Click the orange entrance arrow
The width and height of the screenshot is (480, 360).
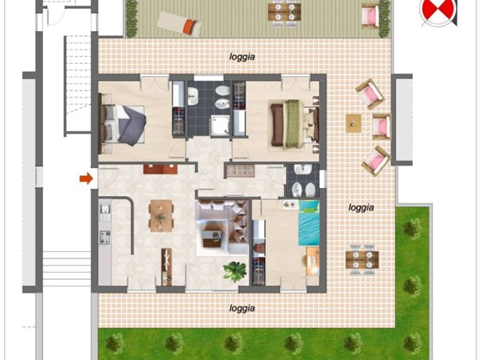[x=86, y=178]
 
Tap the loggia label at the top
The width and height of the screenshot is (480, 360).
[x=242, y=57]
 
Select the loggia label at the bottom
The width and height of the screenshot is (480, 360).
[x=242, y=308]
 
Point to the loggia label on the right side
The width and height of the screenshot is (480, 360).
[x=362, y=208]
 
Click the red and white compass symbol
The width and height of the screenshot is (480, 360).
[x=438, y=12]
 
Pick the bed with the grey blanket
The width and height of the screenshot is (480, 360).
[x=122, y=124]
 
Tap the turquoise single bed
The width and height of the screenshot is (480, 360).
[x=309, y=222]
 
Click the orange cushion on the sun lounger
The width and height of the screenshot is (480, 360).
[x=190, y=26]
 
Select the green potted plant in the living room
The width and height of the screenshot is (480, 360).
[x=234, y=271]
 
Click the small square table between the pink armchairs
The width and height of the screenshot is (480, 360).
[x=354, y=123]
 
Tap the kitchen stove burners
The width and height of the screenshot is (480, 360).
[x=105, y=237]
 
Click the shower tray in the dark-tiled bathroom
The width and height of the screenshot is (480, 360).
[x=219, y=126]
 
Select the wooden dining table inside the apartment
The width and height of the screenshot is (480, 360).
[x=161, y=215]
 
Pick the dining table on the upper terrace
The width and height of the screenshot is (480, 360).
[x=285, y=12]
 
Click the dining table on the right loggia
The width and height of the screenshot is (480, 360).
[x=362, y=259]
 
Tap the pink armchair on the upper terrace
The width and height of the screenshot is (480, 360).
[x=370, y=14]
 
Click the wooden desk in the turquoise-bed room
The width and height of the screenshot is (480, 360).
[x=313, y=262]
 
